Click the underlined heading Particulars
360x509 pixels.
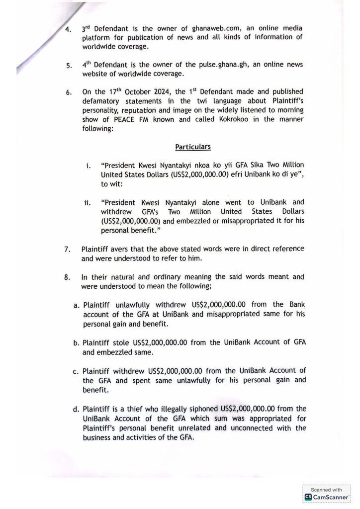192,147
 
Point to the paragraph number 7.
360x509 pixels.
68,249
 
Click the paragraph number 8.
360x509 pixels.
68,277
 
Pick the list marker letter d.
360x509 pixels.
76,410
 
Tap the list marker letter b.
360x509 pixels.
76,343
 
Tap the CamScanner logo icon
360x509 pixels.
308,497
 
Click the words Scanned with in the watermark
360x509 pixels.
326,490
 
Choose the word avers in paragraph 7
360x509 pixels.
122,249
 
